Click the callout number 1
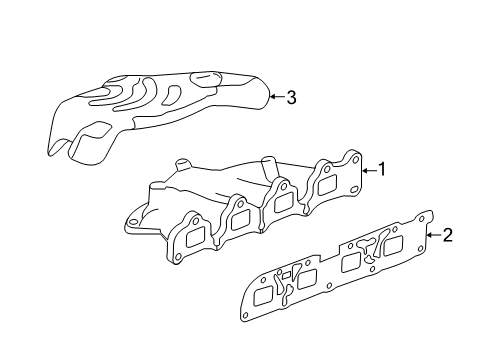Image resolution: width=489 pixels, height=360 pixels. point(380,170)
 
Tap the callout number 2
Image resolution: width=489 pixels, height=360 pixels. point(447,236)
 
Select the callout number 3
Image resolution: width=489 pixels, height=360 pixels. point(291,97)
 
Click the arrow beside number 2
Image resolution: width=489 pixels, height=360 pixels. point(433,236)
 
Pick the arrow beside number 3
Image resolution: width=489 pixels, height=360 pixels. point(277,97)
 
